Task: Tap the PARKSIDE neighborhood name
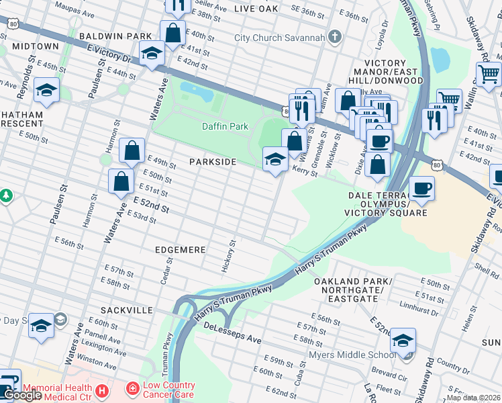click(212, 163)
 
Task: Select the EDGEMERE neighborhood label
click(180, 250)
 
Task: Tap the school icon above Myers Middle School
click(403, 340)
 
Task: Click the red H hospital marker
click(101, 390)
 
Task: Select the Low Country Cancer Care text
click(168, 390)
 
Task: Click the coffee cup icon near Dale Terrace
click(421, 188)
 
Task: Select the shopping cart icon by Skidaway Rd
click(489, 72)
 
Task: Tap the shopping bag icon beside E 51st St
click(120, 181)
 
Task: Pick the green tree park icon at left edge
click(6, 196)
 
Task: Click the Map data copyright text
click(474, 398)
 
